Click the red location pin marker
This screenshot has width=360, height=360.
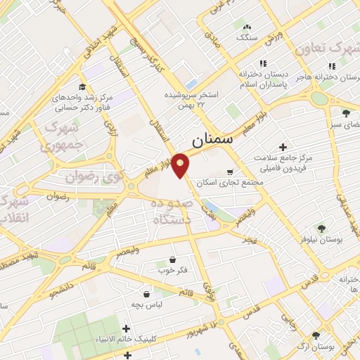[x=181, y=165]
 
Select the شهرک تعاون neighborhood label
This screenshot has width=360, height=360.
[x=328, y=48]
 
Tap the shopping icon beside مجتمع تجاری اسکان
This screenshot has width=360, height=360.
[x=230, y=172]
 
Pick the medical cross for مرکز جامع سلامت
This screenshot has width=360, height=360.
[x=283, y=148]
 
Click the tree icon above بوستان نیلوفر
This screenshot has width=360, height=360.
[x=321, y=228]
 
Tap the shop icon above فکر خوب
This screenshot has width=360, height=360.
[x=172, y=260]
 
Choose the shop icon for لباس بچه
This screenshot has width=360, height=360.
[x=146, y=294]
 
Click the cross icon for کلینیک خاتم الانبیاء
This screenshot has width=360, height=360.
[x=126, y=328]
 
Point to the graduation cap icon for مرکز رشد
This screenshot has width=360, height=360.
[x=82, y=86]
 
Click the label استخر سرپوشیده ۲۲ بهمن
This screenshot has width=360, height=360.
[x=191, y=98]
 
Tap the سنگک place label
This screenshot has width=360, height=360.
[x=247, y=36]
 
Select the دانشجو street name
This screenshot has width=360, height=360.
[x=62, y=286]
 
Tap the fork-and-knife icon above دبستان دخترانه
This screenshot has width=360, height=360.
[x=262, y=63]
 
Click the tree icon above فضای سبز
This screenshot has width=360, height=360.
[x=345, y=113]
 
